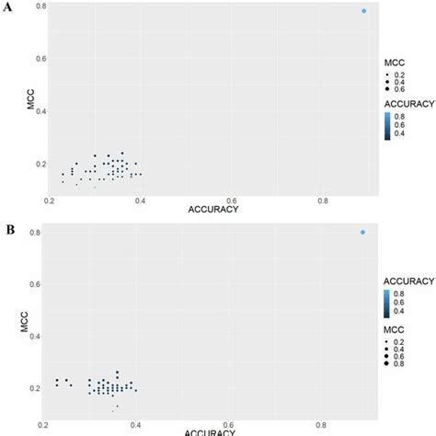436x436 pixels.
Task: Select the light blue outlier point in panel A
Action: click(x=363, y=11)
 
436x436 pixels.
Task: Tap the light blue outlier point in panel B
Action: click(x=362, y=232)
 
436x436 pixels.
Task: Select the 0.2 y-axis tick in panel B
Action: click(x=37, y=388)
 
